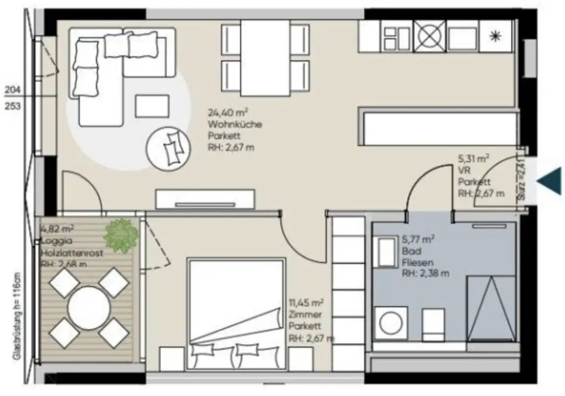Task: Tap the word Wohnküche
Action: click(x=234, y=124)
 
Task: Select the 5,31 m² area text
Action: click(x=473, y=159)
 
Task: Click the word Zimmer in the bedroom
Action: click(x=301, y=314)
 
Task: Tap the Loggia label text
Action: click(x=53, y=240)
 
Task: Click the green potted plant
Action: click(x=121, y=235)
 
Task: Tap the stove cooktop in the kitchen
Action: click(x=430, y=37)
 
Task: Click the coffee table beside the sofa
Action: click(x=152, y=106)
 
